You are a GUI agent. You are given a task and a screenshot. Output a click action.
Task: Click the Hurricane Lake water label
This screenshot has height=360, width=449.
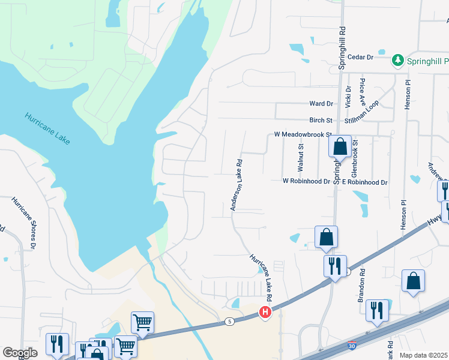(47, 128)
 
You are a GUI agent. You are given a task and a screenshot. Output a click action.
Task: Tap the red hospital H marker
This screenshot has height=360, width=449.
(265, 312)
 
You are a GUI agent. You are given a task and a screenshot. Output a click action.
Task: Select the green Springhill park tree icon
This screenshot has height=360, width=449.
(397, 60)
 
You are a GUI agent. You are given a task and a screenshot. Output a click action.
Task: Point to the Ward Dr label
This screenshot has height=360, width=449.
(321, 104)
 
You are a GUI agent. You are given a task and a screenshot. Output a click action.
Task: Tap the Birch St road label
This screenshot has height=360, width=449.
(321, 120)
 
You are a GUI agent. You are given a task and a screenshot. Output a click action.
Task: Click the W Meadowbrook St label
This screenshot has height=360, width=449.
(303, 135)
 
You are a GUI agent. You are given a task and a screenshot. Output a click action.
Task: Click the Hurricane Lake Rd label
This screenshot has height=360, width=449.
(262, 278)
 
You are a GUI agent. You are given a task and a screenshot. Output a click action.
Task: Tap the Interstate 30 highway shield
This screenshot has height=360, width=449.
(351, 346)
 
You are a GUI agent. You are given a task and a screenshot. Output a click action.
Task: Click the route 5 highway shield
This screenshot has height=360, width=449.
(230, 322)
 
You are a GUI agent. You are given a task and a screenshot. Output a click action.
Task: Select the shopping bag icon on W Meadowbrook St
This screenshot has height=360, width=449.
(340, 146)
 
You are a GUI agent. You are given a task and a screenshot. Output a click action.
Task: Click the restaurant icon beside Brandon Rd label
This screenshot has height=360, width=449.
(377, 311)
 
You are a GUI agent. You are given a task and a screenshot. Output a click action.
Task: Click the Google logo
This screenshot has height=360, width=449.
(20, 353)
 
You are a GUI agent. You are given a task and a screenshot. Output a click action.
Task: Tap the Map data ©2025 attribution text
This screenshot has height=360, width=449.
(424, 355)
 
